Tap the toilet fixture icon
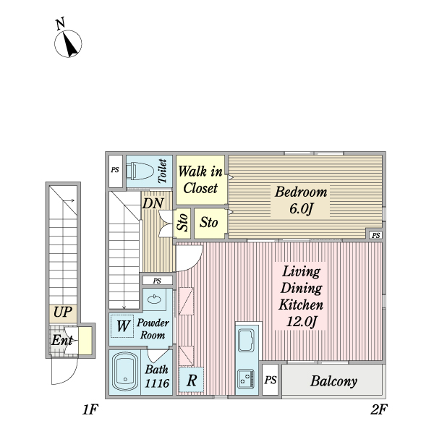[x=140, y=171]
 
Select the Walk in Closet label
[x=200, y=180]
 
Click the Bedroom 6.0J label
[x=301, y=200]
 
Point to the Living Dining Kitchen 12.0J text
[x=301, y=296]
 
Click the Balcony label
[x=333, y=381]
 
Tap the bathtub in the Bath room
[x=125, y=373]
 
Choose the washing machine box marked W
[x=122, y=326]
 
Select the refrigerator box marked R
[x=191, y=380]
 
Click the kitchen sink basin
[x=246, y=340]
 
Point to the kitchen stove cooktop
[x=246, y=379]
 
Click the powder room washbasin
[x=154, y=299]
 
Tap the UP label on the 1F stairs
[x=63, y=312]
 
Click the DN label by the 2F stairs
[x=153, y=204]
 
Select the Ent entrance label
[x=62, y=340]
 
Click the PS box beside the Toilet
[x=116, y=171]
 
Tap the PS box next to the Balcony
[x=270, y=380]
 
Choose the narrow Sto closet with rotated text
[x=182, y=224]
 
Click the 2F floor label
[x=379, y=409]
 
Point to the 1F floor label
[x=90, y=409]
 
